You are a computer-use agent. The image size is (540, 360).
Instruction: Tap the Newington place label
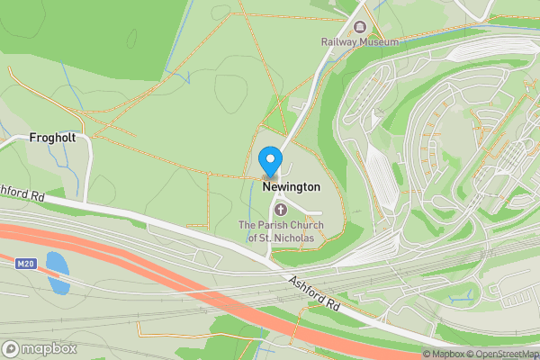coord(292,186)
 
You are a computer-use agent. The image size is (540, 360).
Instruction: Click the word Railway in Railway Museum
coord(340,41)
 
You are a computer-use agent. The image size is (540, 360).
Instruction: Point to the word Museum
coord(379,41)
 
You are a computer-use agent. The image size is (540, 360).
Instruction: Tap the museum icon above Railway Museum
coord(360,27)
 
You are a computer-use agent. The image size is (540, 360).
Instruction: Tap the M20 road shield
coord(25,264)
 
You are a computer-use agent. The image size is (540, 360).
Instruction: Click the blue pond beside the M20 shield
coord(57,274)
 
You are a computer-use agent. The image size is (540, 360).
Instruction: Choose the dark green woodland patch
coord(90,36)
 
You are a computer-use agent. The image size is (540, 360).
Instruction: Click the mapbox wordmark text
coord(49,349)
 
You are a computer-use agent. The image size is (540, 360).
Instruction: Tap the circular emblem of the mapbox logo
coord(12,349)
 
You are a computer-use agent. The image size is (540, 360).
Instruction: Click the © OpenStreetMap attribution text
coord(504,354)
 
